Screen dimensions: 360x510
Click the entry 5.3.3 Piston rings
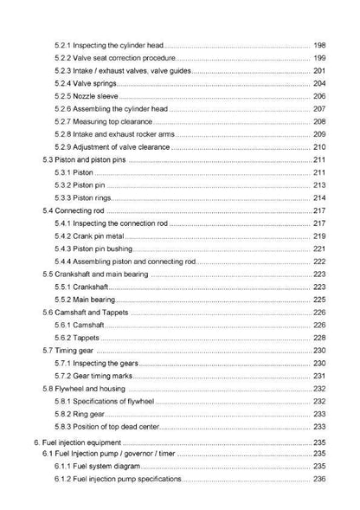(x=86, y=198)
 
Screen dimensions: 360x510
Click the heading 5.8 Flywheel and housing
(x=83, y=389)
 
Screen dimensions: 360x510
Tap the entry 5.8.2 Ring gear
(x=81, y=414)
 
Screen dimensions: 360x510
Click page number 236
(x=318, y=479)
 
